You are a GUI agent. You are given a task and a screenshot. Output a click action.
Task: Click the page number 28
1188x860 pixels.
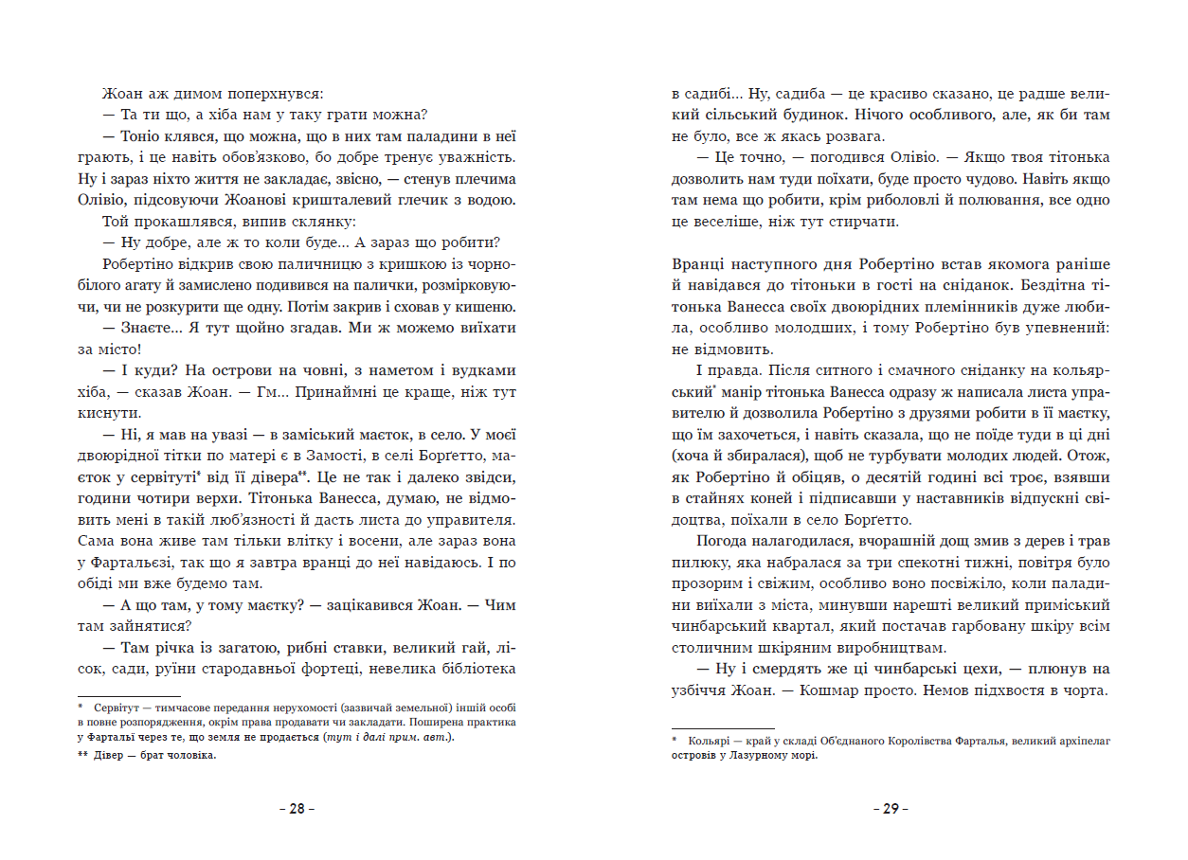coord(297,809)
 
